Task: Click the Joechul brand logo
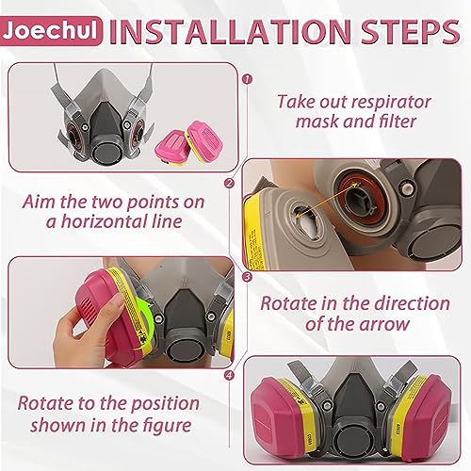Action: tap(51, 31)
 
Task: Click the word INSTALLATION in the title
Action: tap(231, 31)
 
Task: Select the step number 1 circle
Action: tap(248, 79)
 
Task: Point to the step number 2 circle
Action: tap(230, 183)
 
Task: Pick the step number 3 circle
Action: tap(248, 277)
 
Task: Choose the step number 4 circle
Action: tap(230, 375)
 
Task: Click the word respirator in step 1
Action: tap(376, 103)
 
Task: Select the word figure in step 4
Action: tap(167, 425)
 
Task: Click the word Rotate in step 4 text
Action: tap(43, 403)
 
